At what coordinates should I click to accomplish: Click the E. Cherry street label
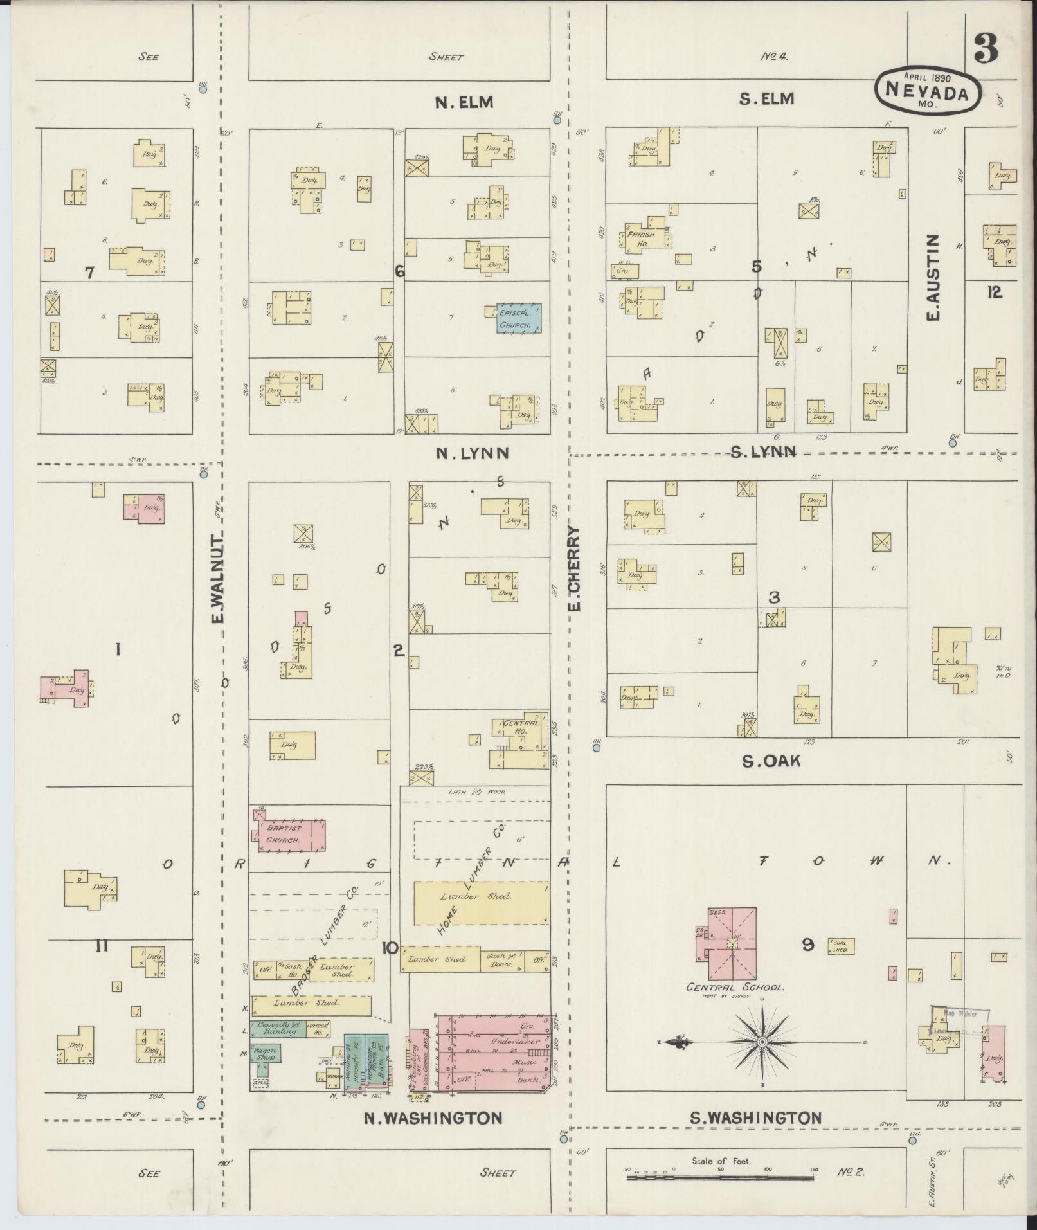575,568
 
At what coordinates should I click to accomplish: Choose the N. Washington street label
433,1117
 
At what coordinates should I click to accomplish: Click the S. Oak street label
771,761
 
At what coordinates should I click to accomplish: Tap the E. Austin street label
933,278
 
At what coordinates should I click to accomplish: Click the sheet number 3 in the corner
986,48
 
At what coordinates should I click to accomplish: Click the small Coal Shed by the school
841,946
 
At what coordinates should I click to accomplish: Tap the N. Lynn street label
472,453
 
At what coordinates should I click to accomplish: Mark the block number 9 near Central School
809,945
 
